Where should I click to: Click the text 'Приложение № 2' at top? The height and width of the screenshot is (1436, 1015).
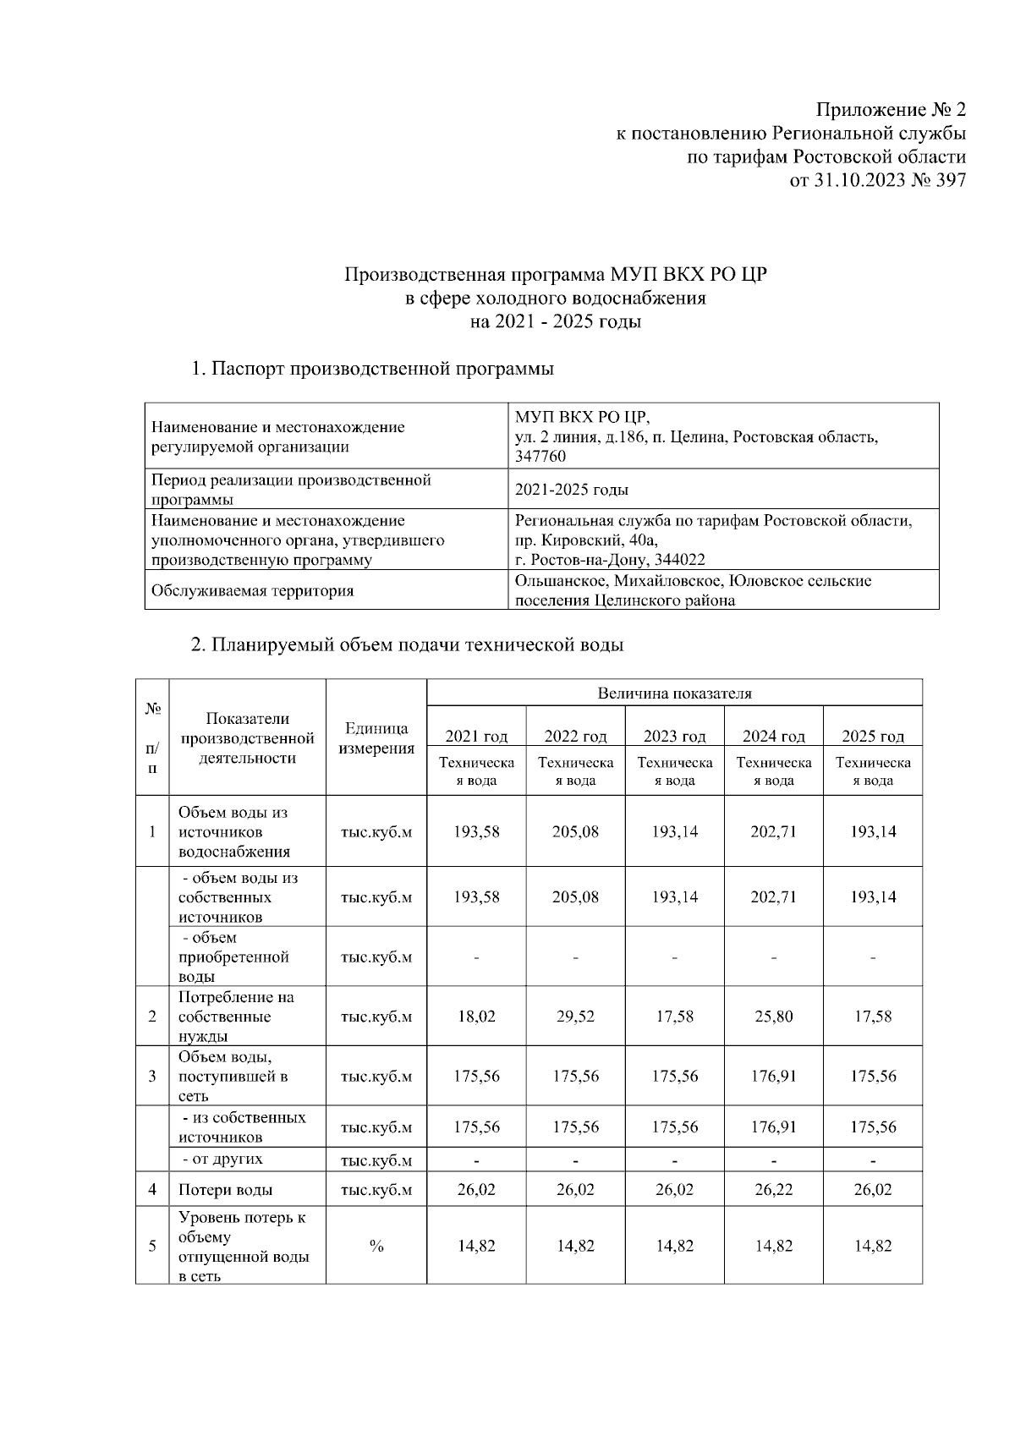point(890,110)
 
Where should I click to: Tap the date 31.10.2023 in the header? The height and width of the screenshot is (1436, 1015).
point(859,180)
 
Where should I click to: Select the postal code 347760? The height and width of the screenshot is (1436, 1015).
point(540,457)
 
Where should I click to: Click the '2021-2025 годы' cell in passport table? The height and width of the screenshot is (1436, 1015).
point(572,490)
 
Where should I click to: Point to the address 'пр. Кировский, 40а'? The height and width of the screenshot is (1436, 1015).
point(586,540)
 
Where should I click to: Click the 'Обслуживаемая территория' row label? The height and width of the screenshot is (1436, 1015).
point(252,590)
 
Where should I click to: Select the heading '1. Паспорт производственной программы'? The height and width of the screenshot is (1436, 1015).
point(372,369)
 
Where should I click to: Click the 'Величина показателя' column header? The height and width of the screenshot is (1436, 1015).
point(674,693)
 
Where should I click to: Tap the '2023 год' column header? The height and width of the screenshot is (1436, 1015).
point(674,736)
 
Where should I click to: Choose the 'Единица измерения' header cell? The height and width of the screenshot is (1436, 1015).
point(376,738)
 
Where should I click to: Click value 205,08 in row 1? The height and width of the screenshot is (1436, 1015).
point(575,831)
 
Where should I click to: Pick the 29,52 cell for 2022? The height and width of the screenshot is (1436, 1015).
point(575,1017)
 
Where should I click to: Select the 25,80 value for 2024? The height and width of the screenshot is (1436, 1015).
point(773,1017)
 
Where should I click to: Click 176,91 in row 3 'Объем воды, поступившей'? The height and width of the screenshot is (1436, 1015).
point(773,1077)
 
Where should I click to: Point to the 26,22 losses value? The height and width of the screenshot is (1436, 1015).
point(773,1190)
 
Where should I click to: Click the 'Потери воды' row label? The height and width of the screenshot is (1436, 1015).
point(225,1190)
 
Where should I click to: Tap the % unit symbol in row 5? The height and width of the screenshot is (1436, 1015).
point(376,1247)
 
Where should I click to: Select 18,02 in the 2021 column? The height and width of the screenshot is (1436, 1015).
point(476,1017)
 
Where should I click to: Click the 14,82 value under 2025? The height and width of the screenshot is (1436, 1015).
point(873,1247)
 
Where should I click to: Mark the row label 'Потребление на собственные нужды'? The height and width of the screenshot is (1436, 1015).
point(236,1017)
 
